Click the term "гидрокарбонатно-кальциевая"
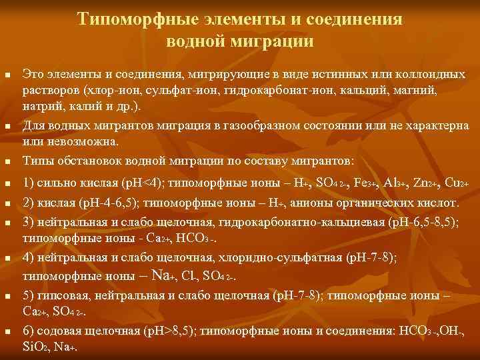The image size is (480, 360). tap(295, 221)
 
